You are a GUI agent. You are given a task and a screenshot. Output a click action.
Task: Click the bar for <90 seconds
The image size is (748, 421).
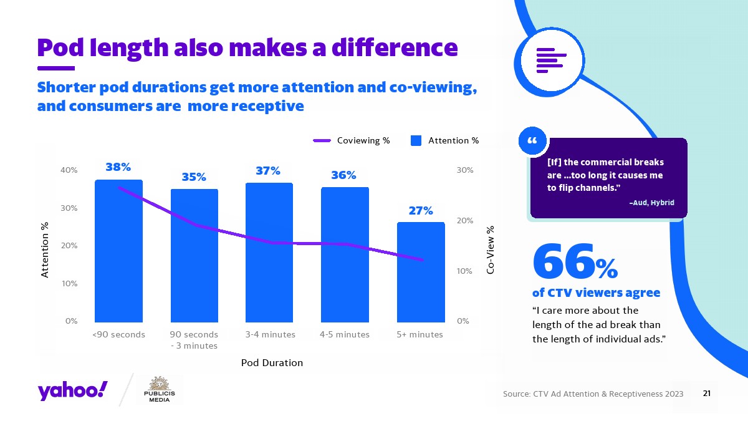pyautogui.click(x=118, y=249)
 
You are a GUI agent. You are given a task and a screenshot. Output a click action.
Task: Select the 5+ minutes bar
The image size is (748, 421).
pyautogui.click(x=421, y=271)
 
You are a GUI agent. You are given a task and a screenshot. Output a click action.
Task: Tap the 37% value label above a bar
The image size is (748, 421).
pyautogui.click(x=267, y=170)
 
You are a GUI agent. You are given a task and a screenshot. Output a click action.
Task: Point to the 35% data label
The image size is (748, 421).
pyautogui.click(x=194, y=177)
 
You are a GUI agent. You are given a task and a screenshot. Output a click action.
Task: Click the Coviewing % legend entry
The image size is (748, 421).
pyautogui.click(x=351, y=140)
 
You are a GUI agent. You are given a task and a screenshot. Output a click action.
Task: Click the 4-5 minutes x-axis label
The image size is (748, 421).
pyautogui.click(x=345, y=334)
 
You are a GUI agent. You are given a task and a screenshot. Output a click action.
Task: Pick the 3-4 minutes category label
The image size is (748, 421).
pyautogui.click(x=270, y=334)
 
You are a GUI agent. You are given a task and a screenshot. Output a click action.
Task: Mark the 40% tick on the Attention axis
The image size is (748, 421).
pyautogui.click(x=69, y=170)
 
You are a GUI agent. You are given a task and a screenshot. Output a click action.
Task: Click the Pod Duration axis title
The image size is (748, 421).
pyautogui.click(x=272, y=362)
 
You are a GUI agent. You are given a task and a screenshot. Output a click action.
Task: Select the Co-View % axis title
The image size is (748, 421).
pyautogui.click(x=491, y=249)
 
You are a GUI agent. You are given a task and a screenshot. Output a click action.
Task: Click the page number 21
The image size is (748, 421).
pyautogui.click(x=707, y=394)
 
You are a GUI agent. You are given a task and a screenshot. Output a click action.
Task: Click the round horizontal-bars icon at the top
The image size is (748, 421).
pyautogui.click(x=551, y=60)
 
